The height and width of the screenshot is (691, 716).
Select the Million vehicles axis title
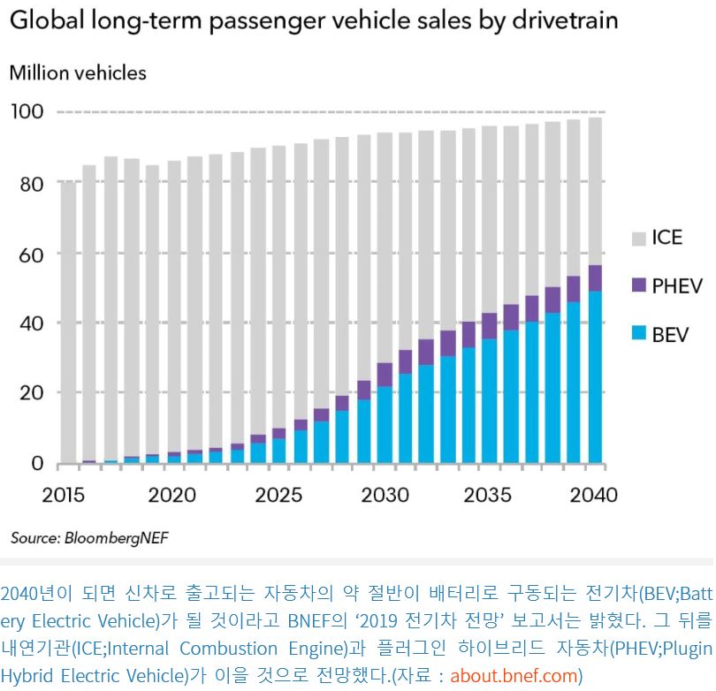click(78, 72)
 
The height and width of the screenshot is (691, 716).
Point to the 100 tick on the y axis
click(27, 112)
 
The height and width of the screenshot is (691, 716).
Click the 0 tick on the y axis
click(36, 463)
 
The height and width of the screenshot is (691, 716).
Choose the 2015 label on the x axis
click(64, 494)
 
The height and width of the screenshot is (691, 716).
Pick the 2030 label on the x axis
click(385, 494)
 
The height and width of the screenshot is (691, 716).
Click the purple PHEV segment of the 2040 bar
click(596, 277)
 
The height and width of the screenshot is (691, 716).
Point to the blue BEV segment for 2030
click(385, 424)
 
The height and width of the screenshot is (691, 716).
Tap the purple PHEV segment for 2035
click(488, 325)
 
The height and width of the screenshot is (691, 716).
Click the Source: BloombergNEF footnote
click(88, 536)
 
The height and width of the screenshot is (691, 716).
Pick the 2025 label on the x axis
click(278, 494)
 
